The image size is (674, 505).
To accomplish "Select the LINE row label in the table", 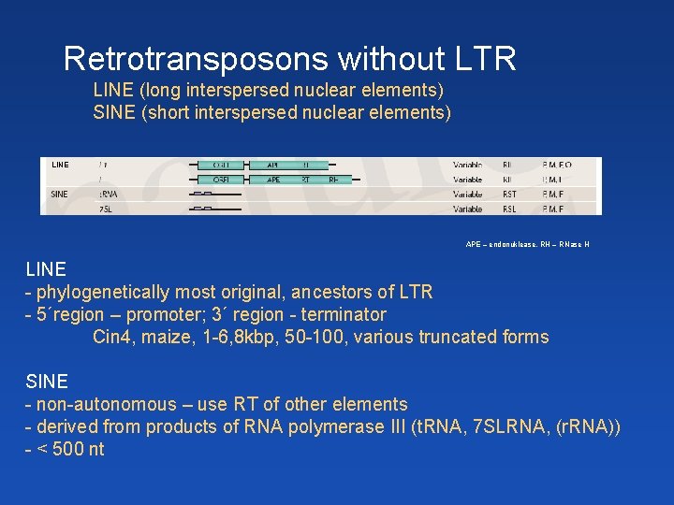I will (x=60, y=165).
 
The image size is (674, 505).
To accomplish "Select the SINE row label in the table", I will (x=59, y=194).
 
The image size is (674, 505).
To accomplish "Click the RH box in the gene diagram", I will (x=334, y=180).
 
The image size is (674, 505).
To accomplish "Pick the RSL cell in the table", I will (x=509, y=209).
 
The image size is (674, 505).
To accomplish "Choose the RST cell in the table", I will (x=509, y=195).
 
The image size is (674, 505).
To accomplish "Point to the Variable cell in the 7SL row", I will (x=467, y=209).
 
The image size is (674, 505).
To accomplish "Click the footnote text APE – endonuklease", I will (x=505, y=245).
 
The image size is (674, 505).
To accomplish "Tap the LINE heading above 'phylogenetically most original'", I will (x=46, y=269).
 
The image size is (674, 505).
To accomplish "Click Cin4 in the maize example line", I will (x=112, y=337).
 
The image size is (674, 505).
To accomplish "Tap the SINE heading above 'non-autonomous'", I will (x=47, y=382).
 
